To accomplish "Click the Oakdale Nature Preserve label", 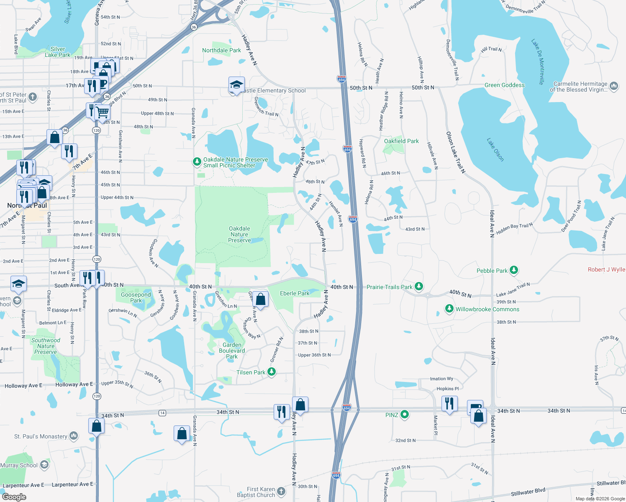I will [239, 234].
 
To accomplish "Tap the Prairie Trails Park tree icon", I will [418, 287].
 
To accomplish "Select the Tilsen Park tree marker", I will [272, 372].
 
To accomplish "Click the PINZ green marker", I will [404, 415].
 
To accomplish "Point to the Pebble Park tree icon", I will [514, 270].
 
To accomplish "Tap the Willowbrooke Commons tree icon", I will [449, 309].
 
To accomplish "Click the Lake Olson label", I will [495, 149].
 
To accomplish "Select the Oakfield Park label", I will [401, 141].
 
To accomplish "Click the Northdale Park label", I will [221, 50].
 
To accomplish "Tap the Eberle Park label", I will [295, 293].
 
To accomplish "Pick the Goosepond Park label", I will [136, 297].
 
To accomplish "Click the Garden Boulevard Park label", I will [232, 351].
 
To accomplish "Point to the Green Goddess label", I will [504, 85].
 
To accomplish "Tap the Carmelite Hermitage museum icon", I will [614, 86].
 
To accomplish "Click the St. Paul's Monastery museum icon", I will [74, 436].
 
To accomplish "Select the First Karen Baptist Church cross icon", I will [281, 492].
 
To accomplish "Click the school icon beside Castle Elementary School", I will [236, 85].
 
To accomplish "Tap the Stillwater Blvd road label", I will [528, 492].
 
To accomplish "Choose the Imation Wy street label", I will [441, 379].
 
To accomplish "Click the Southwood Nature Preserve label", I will [46, 346].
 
